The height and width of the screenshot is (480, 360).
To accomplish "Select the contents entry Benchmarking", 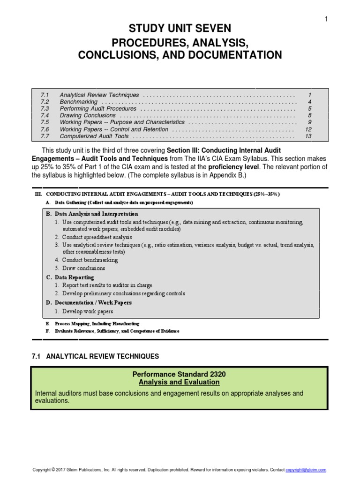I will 78,102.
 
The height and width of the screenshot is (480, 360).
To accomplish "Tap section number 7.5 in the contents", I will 45,122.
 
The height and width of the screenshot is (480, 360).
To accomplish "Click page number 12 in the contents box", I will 308,129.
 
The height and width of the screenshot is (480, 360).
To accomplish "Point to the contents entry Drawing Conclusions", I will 87,115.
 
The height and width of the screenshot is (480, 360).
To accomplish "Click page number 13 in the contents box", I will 308,136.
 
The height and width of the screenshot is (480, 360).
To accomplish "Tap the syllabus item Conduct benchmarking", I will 90,260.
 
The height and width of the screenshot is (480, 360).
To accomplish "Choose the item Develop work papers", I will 87,311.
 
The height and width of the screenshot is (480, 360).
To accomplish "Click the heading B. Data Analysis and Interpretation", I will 92,214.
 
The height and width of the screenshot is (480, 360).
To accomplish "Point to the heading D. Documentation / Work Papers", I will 89,302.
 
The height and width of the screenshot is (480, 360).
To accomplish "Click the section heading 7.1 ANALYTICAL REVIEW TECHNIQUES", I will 95,357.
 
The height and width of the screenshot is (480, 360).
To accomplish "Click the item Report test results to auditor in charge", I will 107,285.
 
